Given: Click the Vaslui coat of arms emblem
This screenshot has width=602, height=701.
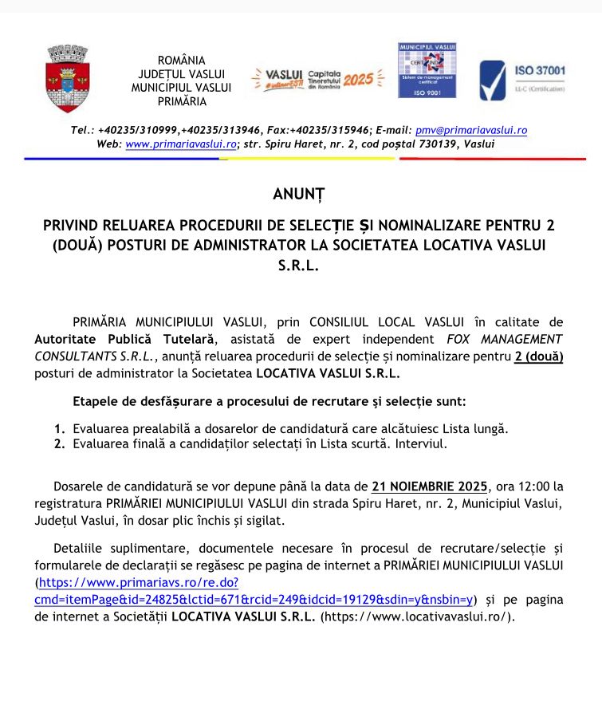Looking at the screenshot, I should pyautogui.click(x=67, y=79).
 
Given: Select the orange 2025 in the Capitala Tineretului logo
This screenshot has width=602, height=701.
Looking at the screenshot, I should pyautogui.click(x=358, y=80).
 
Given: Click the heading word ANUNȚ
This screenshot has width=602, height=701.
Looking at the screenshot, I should pyautogui.click(x=299, y=194).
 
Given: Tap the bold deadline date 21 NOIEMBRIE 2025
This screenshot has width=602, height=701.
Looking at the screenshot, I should pyautogui.click(x=430, y=486).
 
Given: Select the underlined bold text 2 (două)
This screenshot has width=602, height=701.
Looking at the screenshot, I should pyautogui.click(x=539, y=356).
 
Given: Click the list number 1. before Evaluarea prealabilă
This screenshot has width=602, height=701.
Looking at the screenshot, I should pyautogui.click(x=59, y=428).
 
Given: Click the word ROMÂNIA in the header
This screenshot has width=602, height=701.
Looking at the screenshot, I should pyautogui.click(x=181, y=60).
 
